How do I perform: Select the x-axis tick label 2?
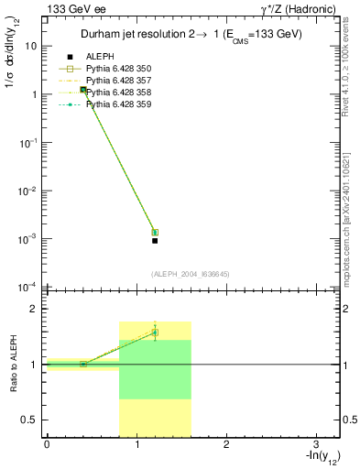(226, 444)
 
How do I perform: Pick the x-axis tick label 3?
(315, 444)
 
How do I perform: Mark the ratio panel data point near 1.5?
(155, 333)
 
